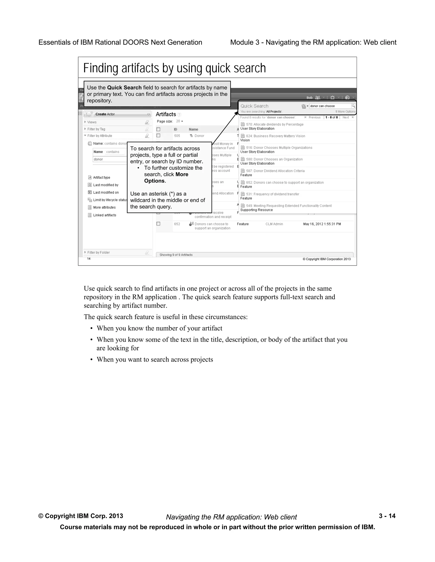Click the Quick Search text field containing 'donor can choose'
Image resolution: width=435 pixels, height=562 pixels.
330,106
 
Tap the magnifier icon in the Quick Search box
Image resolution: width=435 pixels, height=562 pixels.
353,106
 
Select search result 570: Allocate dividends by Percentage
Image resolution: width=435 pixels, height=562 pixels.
274,124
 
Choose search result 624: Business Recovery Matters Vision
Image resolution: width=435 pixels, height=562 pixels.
275,136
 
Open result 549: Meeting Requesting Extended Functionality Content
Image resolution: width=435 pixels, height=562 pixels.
289,206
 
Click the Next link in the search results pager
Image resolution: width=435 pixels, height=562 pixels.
346,117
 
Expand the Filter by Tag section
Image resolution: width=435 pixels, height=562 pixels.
96,129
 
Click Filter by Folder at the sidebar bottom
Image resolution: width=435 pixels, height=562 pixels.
98,252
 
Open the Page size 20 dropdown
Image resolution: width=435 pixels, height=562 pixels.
179,121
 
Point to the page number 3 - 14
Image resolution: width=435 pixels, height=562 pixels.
387,516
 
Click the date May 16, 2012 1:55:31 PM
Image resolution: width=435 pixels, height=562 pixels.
322,224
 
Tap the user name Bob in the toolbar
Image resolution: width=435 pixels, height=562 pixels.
309,98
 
